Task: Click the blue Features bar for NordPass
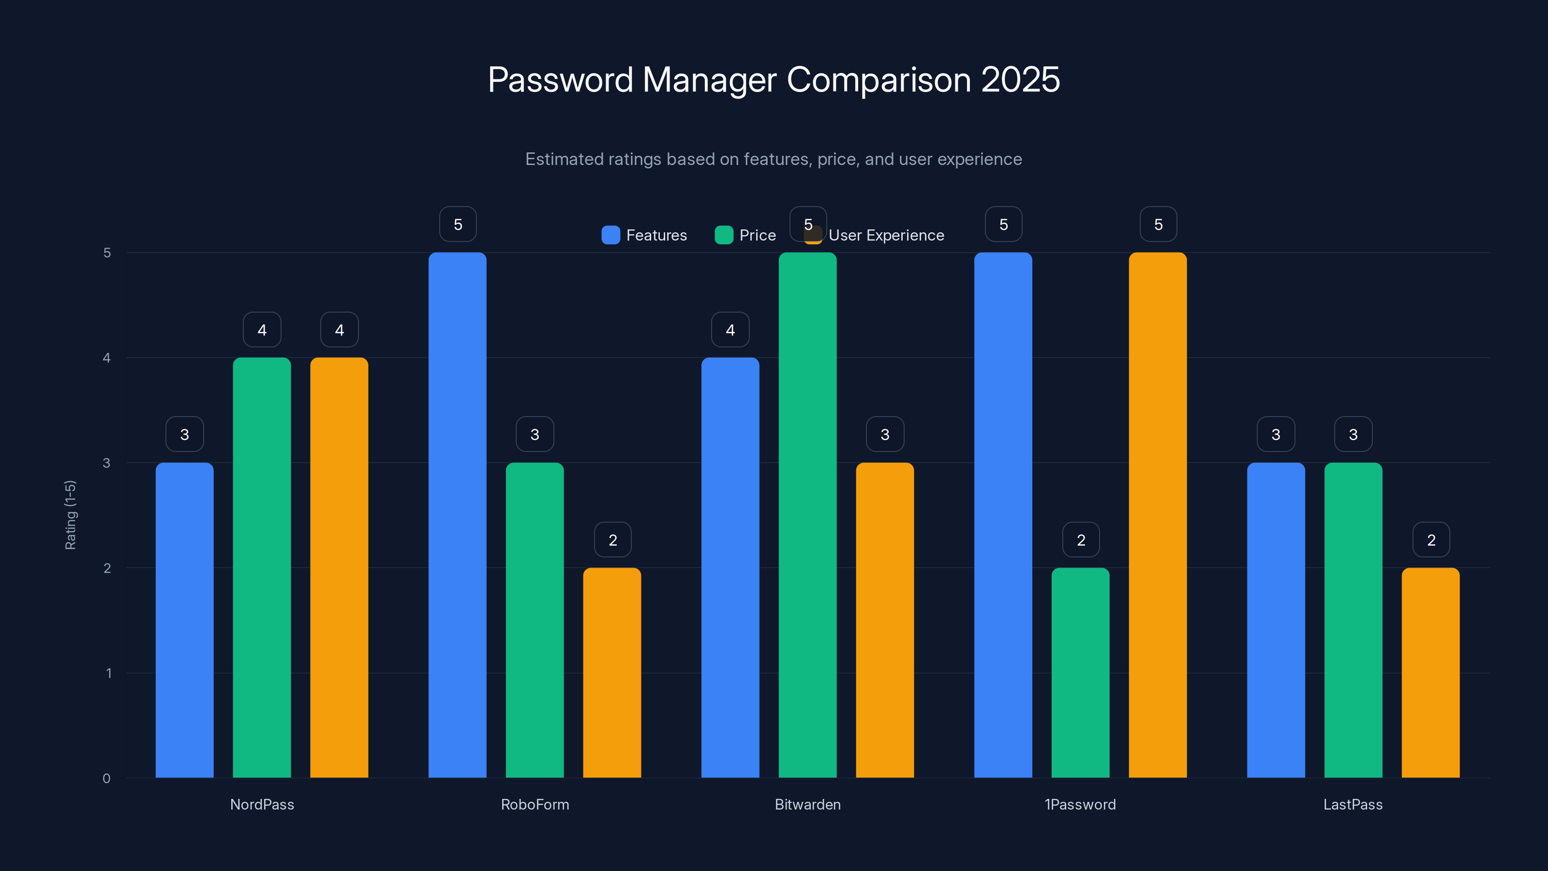pos(184,619)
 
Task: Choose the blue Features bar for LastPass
pos(1276,619)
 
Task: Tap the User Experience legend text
pos(886,235)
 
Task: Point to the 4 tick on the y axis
pos(107,358)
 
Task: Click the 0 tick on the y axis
pos(107,779)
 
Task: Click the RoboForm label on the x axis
pos(535,804)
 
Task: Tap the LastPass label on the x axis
pos(1353,804)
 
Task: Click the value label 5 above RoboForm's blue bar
pos(458,224)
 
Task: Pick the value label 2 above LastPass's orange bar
pos(1431,540)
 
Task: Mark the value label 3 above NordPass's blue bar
pos(184,435)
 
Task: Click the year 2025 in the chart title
pos(1020,80)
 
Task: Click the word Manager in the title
pos(709,80)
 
